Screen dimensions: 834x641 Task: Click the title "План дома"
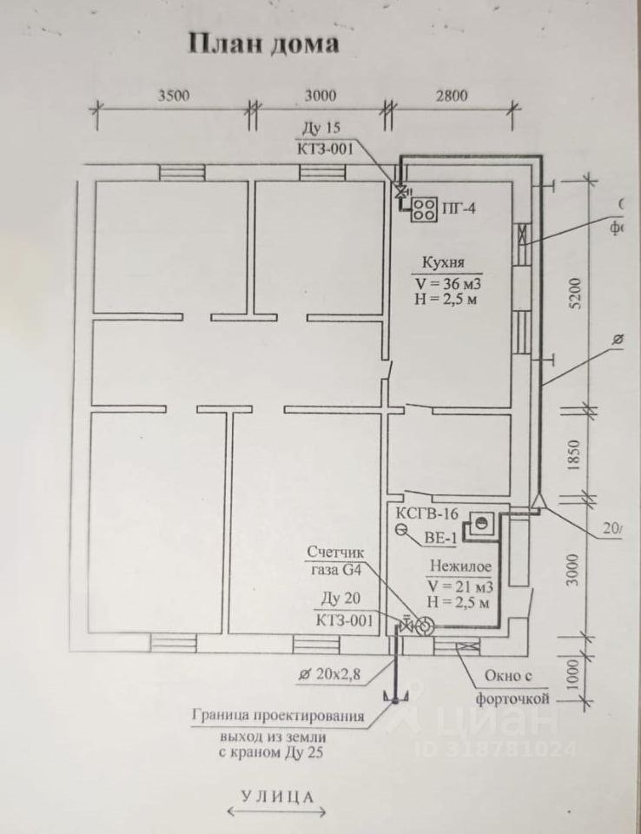tap(263, 43)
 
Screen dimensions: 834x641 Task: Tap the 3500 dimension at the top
tap(174, 96)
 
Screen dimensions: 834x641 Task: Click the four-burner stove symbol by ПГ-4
tap(425, 208)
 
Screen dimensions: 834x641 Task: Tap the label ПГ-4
tap(460, 208)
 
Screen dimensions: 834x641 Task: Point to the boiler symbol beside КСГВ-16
tap(479, 524)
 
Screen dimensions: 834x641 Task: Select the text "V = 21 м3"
tap(459, 584)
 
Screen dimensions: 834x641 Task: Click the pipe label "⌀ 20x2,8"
tap(329, 673)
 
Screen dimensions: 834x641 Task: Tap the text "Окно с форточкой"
tap(512, 686)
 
